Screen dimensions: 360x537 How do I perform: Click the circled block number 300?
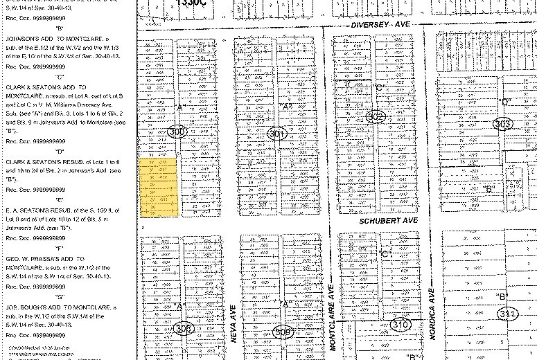coord(178,131)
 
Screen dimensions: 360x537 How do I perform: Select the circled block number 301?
coord(277,134)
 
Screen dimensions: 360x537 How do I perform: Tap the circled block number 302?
coord(376,117)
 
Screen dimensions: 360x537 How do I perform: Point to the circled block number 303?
coord(504,124)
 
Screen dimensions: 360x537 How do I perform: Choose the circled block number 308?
coord(184,328)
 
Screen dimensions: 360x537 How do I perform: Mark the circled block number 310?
coord(400,323)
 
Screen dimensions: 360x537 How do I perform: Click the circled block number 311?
coord(508,314)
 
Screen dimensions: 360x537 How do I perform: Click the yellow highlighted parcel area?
coord(159,188)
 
